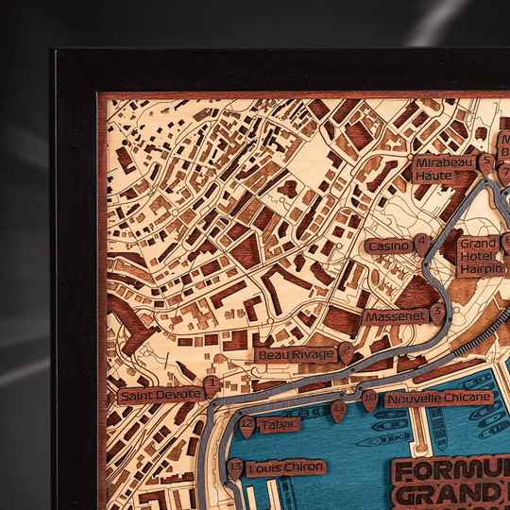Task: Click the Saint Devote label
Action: click(x=160, y=395)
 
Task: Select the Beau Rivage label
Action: click(x=296, y=355)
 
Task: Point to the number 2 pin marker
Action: click(x=346, y=351)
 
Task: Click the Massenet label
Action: click(x=395, y=316)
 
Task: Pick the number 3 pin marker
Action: click(x=437, y=311)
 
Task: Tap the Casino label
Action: click(x=389, y=246)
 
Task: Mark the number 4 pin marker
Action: click(x=421, y=243)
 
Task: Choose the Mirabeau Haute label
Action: click(x=444, y=169)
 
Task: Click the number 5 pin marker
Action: click(x=485, y=162)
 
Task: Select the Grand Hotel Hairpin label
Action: click(x=479, y=256)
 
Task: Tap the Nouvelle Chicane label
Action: click(x=425, y=399)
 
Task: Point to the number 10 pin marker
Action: click(x=368, y=399)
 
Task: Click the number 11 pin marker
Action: click(x=338, y=410)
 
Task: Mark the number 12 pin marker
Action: click(x=247, y=426)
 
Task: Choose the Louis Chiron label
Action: click(x=285, y=467)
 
